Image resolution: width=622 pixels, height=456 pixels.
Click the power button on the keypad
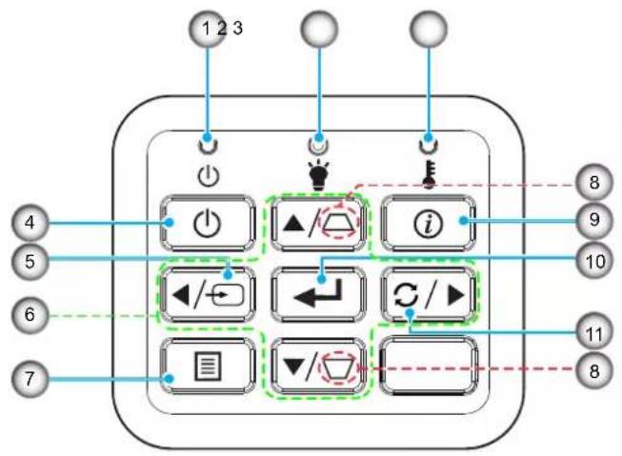[208, 223]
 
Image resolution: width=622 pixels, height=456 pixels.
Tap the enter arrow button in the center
[318, 294]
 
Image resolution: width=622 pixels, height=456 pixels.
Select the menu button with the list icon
[208, 366]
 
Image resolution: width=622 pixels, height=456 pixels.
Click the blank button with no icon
[428, 366]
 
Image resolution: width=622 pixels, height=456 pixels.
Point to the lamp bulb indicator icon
[319, 174]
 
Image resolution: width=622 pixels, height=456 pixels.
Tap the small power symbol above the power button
[209, 176]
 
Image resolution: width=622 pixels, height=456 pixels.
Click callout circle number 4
[30, 223]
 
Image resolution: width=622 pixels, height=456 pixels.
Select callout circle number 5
[30, 262]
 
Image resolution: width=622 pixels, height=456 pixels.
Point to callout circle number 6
[30, 315]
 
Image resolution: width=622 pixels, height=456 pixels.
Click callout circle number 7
[30, 379]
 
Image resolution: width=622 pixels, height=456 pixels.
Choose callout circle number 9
[593, 220]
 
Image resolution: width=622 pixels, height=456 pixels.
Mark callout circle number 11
[593, 333]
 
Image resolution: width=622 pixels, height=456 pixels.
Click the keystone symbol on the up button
[339, 224]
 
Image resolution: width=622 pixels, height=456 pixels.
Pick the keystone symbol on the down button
[339, 367]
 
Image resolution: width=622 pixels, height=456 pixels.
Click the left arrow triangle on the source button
[181, 294]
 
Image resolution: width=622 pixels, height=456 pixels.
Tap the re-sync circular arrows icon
[406, 295]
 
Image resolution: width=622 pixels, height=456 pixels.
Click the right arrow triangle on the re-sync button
[456, 295]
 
